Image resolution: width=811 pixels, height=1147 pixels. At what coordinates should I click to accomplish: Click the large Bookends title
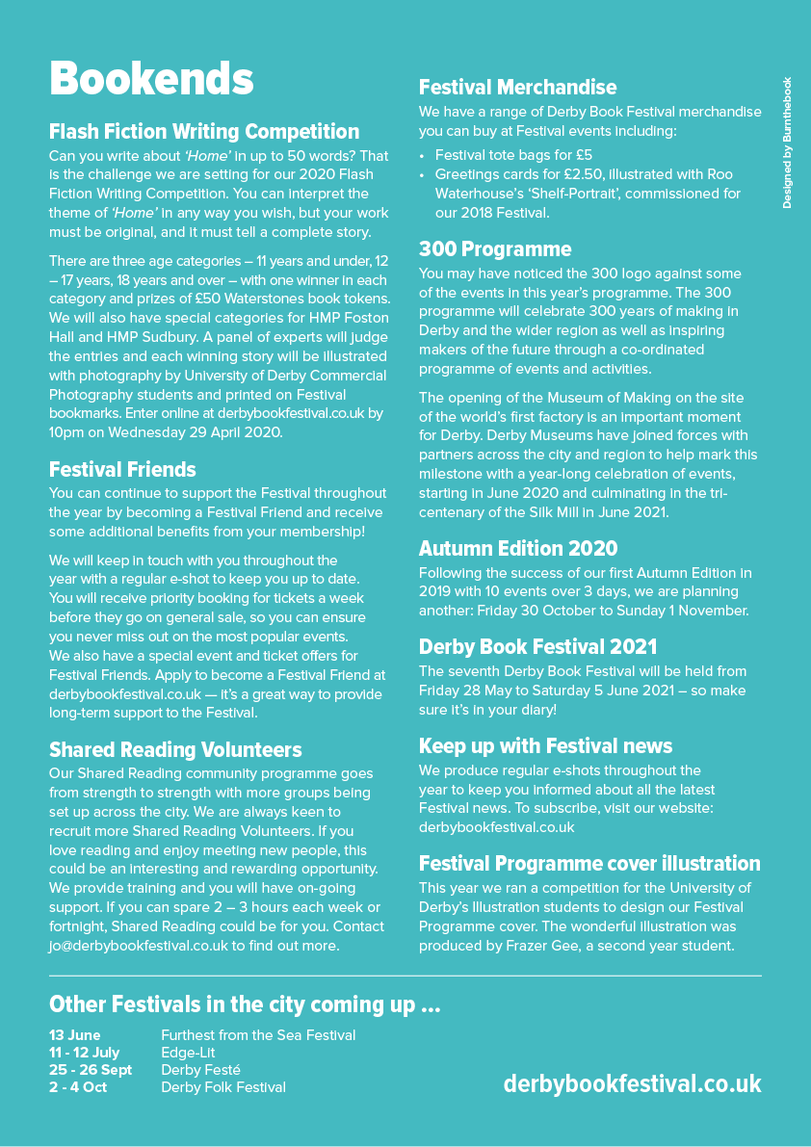[x=151, y=79]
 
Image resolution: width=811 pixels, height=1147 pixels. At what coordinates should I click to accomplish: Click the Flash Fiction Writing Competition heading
[x=204, y=132]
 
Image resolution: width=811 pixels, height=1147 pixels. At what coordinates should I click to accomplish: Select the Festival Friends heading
[x=122, y=470]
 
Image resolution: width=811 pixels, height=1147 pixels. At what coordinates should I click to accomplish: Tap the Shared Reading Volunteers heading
[x=175, y=750]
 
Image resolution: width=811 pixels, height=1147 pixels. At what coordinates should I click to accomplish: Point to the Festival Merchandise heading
[x=517, y=88]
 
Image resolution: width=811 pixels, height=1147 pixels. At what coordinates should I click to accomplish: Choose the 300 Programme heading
[x=495, y=249]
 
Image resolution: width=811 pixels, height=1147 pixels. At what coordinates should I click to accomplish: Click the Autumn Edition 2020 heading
[x=518, y=549]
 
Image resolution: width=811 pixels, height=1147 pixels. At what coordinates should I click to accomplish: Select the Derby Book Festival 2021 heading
[x=537, y=647]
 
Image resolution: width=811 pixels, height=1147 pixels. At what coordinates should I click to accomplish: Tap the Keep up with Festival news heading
[x=545, y=746]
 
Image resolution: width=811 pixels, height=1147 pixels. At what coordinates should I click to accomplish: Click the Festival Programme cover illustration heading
[x=589, y=864]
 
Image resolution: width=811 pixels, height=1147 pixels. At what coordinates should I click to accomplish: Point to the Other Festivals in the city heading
[x=245, y=1004]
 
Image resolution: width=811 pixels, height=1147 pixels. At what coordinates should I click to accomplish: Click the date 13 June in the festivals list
[x=75, y=1035]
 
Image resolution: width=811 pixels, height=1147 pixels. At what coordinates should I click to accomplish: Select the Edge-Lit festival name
[x=188, y=1053]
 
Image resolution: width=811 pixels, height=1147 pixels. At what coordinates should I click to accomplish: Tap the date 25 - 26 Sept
[x=91, y=1070]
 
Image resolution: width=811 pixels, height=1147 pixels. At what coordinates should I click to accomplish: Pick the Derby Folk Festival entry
[x=223, y=1087]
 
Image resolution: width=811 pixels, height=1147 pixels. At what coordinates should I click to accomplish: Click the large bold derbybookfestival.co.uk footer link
[x=632, y=1083]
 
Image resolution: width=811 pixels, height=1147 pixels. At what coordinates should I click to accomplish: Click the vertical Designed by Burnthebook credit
[x=787, y=143]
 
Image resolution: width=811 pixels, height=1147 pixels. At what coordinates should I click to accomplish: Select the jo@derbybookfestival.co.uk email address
[x=139, y=946]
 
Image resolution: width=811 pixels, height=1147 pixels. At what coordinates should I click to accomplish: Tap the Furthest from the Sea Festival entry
[x=258, y=1035]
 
